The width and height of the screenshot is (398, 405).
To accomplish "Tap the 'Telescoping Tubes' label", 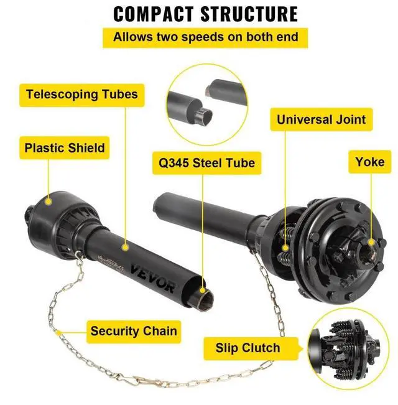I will click(x=81, y=95).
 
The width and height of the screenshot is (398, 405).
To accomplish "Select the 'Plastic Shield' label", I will click(x=65, y=149).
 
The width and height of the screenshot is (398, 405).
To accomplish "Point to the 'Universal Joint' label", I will click(x=321, y=119).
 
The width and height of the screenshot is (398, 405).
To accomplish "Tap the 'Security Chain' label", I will click(x=133, y=330).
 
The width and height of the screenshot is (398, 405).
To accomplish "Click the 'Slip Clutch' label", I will click(x=248, y=347).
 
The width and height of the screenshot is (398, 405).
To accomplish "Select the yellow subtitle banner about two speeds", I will click(x=205, y=37).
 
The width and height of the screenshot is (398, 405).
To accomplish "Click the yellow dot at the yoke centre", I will click(x=371, y=243).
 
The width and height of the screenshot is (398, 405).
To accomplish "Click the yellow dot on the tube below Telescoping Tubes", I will click(x=124, y=247).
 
